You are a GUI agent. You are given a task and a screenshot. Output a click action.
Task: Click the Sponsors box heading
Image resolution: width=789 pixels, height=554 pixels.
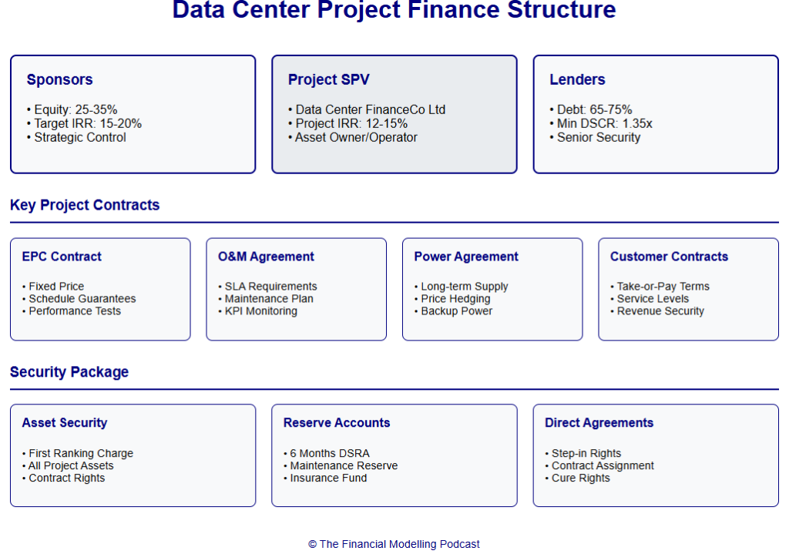coord(59,79)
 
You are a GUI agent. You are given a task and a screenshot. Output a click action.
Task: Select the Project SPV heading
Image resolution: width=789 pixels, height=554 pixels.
coord(328,79)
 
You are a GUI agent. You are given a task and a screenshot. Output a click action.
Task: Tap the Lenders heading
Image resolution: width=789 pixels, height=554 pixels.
coord(577,79)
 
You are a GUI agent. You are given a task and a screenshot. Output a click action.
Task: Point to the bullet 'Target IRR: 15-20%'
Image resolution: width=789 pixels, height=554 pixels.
coord(87,123)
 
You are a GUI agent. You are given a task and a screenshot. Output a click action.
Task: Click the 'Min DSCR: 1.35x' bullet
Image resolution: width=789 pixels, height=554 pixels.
coord(593,123)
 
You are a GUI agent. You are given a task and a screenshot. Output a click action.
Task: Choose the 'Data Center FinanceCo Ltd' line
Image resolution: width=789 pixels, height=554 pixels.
coord(370,109)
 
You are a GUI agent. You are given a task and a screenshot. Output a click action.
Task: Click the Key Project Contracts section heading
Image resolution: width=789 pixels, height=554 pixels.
coord(85,205)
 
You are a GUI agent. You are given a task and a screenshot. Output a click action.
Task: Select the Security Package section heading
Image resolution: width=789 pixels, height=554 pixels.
coord(69,372)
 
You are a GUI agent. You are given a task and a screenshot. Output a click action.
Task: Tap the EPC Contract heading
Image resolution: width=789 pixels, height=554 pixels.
coord(62,257)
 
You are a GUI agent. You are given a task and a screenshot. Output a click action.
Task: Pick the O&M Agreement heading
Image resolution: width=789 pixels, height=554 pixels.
coord(266,257)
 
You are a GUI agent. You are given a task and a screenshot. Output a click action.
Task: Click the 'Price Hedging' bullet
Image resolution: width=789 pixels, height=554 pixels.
coord(455,299)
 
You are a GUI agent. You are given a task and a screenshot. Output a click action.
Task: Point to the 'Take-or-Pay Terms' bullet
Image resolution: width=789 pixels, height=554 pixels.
coord(663,287)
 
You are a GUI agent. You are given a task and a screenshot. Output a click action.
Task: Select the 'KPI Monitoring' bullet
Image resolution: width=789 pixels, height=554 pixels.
coord(260,311)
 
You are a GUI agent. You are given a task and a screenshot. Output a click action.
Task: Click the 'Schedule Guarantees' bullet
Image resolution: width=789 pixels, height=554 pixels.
coord(82,299)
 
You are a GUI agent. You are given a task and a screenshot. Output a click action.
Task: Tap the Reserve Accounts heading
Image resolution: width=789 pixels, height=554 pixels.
coord(337,423)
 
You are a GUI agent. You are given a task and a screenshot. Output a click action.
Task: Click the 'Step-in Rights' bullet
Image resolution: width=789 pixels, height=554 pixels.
coord(586,454)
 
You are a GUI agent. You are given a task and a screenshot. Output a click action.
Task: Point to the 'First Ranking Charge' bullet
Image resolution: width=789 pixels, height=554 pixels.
coord(81,454)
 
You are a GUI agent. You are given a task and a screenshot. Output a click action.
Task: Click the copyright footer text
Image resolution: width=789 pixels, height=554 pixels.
coord(394,544)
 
